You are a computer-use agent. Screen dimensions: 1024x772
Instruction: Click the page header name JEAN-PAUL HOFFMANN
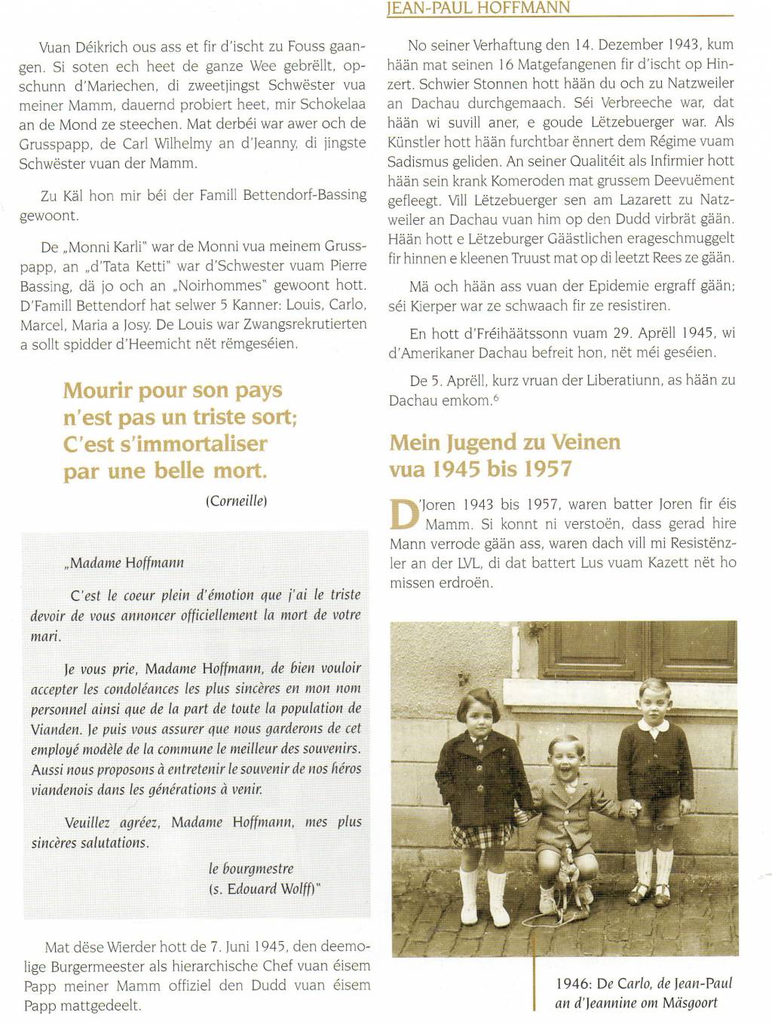[x=477, y=8]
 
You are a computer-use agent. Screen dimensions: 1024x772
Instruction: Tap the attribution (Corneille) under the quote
[x=236, y=501]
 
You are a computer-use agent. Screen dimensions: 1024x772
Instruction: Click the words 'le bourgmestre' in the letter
[x=251, y=869]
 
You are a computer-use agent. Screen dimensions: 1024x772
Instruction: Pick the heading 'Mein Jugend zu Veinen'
[x=505, y=442]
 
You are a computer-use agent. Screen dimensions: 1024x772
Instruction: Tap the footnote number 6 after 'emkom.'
[x=495, y=397]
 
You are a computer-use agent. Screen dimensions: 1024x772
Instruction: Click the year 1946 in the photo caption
[x=572, y=984]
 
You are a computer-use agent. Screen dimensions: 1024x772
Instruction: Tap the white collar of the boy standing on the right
[x=654, y=725]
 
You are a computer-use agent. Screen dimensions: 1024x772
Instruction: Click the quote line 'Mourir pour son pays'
[x=173, y=391]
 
